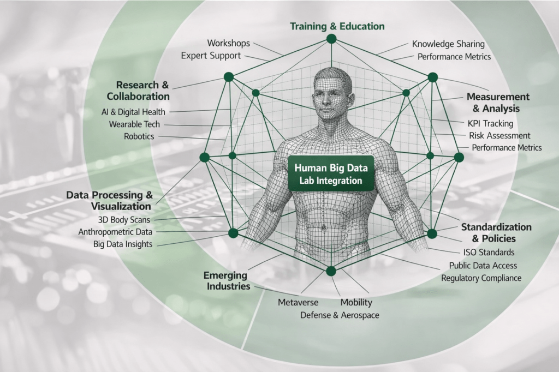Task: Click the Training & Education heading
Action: coord(337,26)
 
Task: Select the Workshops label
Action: coord(228,43)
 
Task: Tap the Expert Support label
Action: coord(211,56)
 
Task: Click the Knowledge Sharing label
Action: coord(448,44)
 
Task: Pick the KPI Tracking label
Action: coord(490,124)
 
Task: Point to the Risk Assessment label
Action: coord(499,135)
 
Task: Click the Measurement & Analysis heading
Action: coord(497,102)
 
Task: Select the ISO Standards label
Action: coord(488,253)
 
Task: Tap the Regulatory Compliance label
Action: coord(481,278)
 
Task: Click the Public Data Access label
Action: coord(483,266)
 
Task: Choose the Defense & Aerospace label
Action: coord(339,315)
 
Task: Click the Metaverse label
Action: coord(298,302)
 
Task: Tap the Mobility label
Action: coord(356,302)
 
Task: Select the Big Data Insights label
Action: coord(123,244)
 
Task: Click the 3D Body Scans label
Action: coord(124,219)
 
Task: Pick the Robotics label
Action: coord(139,136)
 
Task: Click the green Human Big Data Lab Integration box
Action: coord(331,174)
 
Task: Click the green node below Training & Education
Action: coord(331,39)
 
